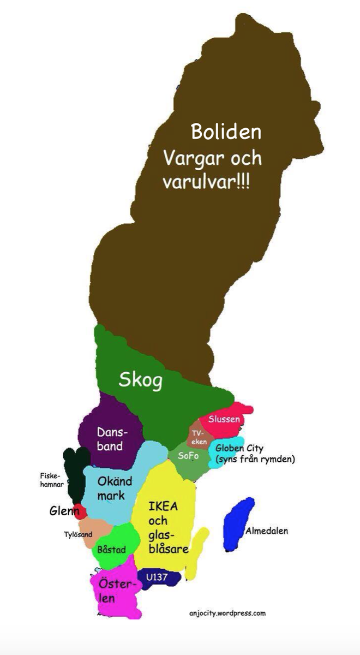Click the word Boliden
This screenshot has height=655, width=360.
pos(226,132)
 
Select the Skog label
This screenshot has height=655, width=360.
pos(141,380)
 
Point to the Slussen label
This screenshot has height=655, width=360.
pos(224,419)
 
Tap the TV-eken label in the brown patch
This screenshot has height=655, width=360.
pos(199,437)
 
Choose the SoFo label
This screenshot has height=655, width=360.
pos(188,456)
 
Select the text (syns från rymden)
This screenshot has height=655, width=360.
pos(255,460)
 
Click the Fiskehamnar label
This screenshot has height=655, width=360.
pos(52,480)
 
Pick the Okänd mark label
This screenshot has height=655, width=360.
pos(115,489)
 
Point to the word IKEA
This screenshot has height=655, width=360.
pos(163,506)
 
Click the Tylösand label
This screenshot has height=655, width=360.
pos(78,534)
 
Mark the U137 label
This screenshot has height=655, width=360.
pos(156,576)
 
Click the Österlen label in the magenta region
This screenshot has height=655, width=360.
pos(115,591)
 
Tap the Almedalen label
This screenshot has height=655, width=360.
pos(266,531)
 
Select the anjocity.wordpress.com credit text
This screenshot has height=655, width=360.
pos(227,613)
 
